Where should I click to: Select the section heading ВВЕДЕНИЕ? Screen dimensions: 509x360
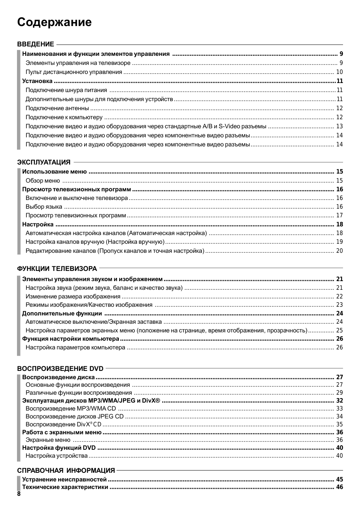35,44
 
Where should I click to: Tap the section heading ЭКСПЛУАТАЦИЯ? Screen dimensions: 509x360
44,162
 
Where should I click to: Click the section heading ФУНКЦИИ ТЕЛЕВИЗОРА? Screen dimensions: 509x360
57,269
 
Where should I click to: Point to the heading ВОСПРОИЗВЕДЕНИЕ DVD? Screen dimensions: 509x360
60,369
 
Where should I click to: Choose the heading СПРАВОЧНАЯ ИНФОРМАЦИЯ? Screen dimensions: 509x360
66,471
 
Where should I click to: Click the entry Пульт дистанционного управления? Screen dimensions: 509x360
74,72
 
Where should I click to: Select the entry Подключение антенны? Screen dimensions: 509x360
57,108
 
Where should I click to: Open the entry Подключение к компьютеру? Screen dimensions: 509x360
64,117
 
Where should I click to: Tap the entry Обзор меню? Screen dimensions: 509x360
43,181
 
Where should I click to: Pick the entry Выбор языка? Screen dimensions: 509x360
44,207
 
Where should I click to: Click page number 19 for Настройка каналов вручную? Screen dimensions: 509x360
339,242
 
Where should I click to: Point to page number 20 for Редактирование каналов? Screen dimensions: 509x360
339,251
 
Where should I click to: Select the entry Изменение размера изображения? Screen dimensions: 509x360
73,297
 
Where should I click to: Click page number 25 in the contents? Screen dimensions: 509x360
339,331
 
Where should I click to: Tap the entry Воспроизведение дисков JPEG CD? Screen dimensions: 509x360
75,417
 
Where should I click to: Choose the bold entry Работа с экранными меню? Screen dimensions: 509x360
62,432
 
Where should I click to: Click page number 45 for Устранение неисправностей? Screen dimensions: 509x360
340,480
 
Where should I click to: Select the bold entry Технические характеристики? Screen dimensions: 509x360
65,487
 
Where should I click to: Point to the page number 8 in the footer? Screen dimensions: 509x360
19,494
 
